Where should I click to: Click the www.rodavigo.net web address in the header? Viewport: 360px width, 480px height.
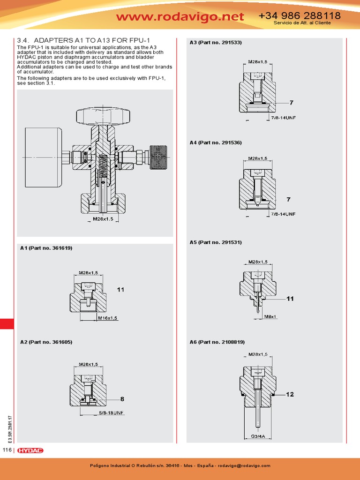180,17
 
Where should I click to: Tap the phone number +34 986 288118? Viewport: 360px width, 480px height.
300,16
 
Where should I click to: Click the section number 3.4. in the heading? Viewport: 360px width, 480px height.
23,41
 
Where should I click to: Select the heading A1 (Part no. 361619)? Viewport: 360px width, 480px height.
46,247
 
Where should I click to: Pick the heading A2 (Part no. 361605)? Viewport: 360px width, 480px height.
46,342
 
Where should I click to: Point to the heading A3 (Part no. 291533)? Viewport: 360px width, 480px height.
216,43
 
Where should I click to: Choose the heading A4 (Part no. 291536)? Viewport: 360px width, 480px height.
216,142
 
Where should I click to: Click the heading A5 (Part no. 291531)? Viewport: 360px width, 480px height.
216,242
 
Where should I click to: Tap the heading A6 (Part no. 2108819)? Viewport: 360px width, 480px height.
217,342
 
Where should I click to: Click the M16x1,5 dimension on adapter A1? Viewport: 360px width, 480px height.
107,318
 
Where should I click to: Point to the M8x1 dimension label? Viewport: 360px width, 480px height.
270,317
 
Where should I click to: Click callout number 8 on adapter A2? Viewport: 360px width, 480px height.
122,399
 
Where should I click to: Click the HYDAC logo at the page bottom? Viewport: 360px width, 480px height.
30,450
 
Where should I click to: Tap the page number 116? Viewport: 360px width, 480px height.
7,450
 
